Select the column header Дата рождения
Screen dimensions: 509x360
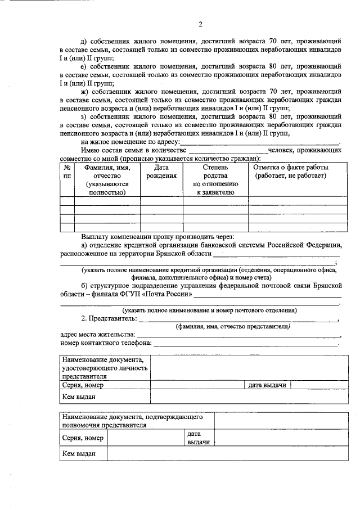pos(161,172)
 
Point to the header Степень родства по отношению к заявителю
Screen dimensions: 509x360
pos(215,179)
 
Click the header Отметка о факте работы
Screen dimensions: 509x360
pos(291,172)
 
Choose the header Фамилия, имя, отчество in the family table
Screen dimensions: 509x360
pos(107,179)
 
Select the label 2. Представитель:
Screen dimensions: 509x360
pos(109,318)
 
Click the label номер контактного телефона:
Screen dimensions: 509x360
pos(105,343)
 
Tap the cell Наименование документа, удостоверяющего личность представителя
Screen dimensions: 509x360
pos(105,368)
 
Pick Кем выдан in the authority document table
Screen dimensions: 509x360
pos(79,453)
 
